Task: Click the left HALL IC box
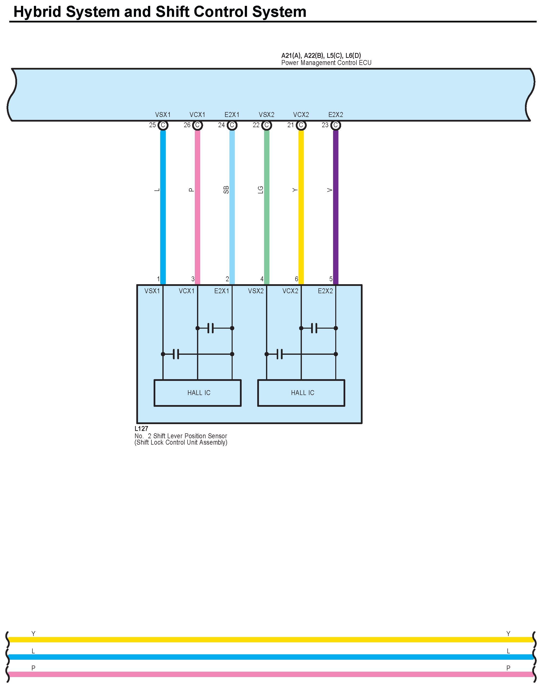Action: [197, 393]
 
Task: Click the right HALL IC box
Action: [301, 393]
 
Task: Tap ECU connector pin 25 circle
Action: [163, 125]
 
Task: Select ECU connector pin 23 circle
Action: [336, 125]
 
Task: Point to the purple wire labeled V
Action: [336, 207]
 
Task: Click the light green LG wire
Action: [267, 207]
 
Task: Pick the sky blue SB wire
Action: [232, 207]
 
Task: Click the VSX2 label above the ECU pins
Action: [267, 115]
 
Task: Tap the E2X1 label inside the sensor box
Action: [222, 291]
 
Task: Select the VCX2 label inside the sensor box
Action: [290, 291]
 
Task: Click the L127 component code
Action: [141, 429]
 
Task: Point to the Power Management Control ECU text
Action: [326, 63]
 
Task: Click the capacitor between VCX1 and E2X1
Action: [210, 328]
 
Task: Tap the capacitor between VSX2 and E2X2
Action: [279, 354]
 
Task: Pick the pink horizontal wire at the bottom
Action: [270, 674]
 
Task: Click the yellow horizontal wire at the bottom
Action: [270, 640]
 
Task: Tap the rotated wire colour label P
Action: [191, 190]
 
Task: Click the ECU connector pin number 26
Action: [187, 125]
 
